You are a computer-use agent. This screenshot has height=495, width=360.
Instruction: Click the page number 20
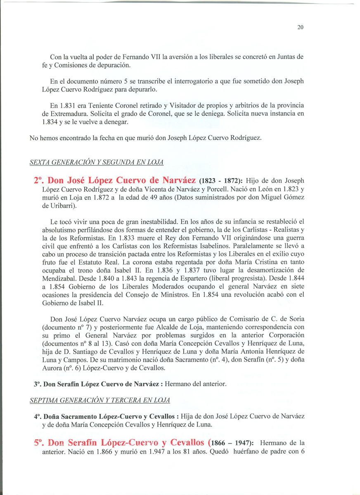tap(300, 28)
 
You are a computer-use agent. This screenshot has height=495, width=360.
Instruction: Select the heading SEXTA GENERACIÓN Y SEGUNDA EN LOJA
tap(97, 163)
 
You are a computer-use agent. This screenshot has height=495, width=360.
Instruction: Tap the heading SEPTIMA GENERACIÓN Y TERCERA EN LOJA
tap(100, 400)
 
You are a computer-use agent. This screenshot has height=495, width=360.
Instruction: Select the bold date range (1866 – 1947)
tap(231, 443)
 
